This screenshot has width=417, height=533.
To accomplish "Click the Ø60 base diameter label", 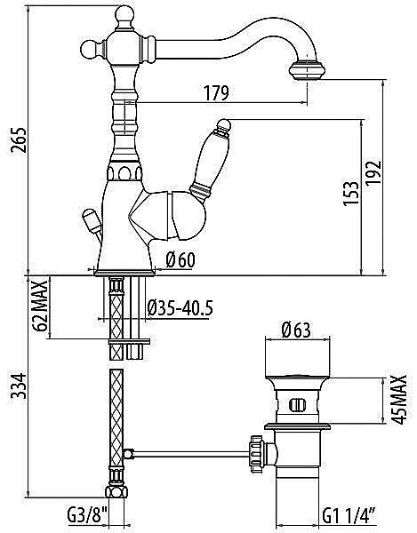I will (180, 259).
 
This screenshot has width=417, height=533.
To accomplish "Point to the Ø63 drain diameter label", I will (296, 330).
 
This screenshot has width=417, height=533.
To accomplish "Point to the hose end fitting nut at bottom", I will (114, 493).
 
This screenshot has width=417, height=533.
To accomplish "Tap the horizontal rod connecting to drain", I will (187, 455).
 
